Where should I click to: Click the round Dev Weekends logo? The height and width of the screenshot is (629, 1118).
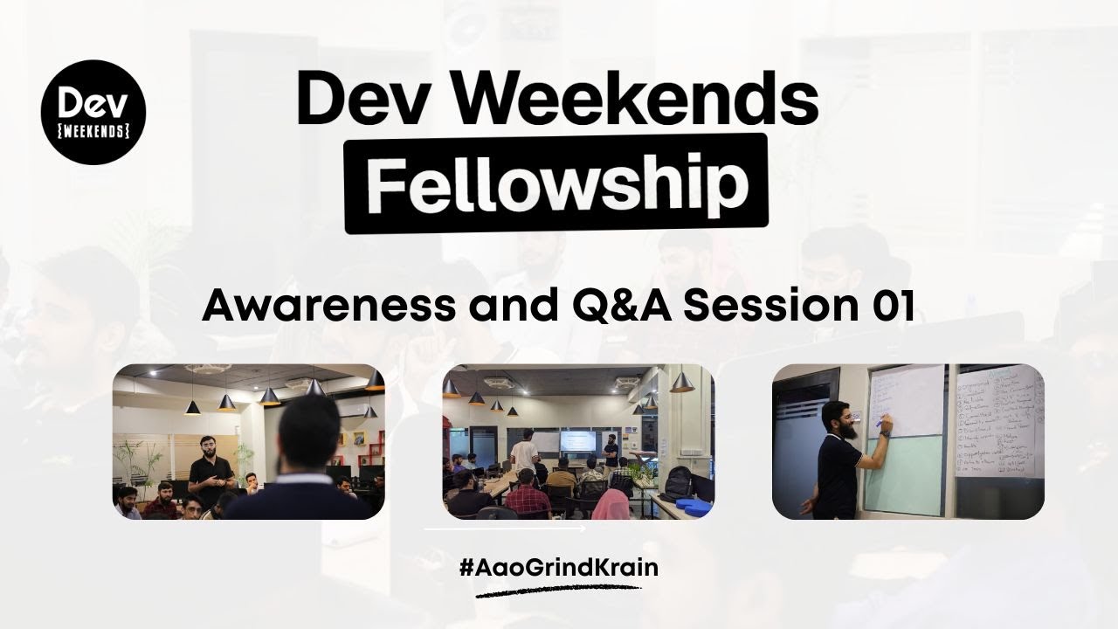pyautogui.click(x=93, y=112)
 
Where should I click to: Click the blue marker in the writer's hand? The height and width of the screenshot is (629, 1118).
pyautogui.click(x=879, y=423)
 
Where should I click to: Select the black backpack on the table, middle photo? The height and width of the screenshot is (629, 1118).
pyautogui.click(x=678, y=481)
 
